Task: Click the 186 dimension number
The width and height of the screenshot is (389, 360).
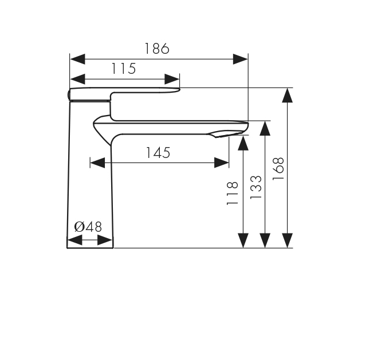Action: [x=157, y=49]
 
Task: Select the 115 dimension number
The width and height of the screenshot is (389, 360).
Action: [x=124, y=69]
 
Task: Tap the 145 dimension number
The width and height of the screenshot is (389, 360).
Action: [x=158, y=153]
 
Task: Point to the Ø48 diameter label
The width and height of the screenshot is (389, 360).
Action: [x=88, y=227]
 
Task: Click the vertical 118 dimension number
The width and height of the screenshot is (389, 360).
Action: [x=233, y=193]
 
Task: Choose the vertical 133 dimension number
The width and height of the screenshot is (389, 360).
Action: [x=256, y=187]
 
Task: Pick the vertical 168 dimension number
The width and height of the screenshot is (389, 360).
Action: [x=278, y=169]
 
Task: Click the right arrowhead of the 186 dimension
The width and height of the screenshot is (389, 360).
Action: [x=241, y=59]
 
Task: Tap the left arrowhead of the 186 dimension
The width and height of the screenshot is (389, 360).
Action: [x=77, y=59]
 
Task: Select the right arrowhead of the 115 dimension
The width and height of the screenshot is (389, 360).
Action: [x=172, y=80]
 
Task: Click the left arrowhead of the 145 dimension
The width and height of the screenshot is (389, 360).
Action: [x=97, y=163]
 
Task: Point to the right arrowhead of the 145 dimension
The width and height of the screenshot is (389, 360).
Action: [x=222, y=163]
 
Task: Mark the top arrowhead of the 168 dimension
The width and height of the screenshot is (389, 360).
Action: [x=287, y=95]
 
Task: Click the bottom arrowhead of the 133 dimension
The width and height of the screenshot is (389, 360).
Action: [x=265, y=240]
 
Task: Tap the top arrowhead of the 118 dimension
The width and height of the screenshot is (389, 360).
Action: [x=243, y=143]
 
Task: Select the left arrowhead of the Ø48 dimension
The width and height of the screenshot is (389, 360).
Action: [x=74, y=240]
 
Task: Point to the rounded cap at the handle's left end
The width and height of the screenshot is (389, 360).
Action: [x=69, y=95]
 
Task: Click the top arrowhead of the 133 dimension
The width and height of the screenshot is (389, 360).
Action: [x=265, y=128]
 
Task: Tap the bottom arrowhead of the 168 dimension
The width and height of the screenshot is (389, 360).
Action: [x=287, y=240]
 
